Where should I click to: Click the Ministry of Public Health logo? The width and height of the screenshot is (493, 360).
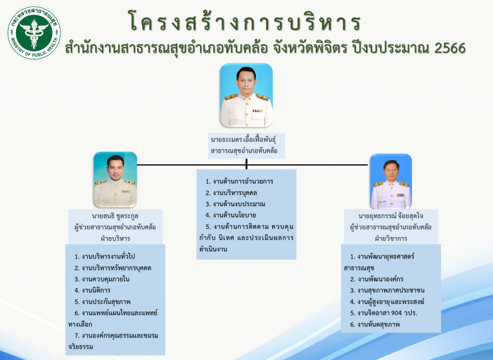(34, 32)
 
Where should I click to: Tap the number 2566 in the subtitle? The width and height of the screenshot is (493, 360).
(450, 48)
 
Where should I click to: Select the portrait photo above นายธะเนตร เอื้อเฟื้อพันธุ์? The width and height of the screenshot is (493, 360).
(246, 95)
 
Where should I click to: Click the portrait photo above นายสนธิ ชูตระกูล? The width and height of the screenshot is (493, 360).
(116, 180)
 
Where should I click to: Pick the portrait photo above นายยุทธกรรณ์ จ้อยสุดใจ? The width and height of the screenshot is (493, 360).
(391, 182)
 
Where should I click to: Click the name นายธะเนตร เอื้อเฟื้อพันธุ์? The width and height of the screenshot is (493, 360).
(243, 139)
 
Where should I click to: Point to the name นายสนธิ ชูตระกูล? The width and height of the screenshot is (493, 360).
(115, 216)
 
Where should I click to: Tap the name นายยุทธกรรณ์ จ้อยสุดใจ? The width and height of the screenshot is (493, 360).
(391, 216)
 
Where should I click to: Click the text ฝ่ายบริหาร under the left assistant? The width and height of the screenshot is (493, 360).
(116, 239)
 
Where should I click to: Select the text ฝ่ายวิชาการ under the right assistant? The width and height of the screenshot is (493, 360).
(391, 239)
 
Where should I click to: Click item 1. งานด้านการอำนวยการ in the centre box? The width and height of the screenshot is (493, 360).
(239, 182)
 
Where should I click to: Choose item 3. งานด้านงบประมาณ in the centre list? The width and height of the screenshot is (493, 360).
(235, 204)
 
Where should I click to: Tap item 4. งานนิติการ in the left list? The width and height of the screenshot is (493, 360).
(92, 291)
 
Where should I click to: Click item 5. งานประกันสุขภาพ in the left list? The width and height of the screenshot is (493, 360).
(103, 302)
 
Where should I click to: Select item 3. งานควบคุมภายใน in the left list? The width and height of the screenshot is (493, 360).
(102, 279)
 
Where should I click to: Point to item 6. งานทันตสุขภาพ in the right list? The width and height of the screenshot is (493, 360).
(375, 324)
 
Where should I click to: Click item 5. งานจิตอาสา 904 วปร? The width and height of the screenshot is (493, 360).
(384, 313)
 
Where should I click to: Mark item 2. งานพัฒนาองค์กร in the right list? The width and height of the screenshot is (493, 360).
(376, 279)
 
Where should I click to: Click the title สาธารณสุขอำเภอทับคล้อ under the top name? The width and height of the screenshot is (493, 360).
(244, 151)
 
